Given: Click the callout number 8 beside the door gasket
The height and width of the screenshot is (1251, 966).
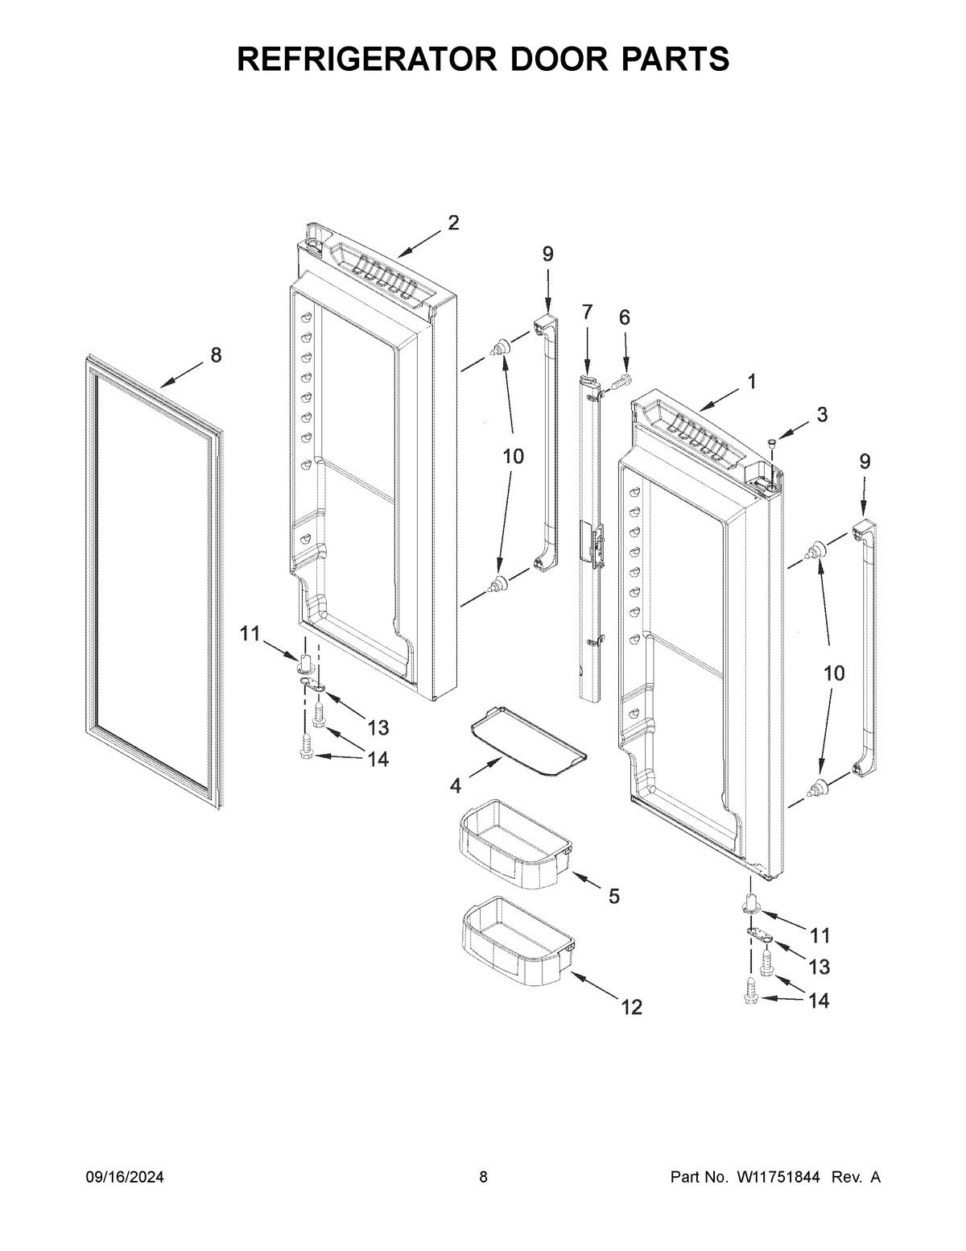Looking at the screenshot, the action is point(216,355).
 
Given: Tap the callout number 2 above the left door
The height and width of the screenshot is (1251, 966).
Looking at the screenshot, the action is point(453,223).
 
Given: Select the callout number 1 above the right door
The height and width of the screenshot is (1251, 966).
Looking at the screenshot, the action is point(751,382).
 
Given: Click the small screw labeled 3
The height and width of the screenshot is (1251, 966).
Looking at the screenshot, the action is point(772,441).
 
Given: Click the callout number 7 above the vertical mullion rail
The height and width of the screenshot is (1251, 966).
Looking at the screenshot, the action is point(586,313).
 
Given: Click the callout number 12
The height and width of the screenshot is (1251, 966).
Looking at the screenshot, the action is point(632,1007).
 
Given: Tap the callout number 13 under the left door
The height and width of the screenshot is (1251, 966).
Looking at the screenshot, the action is point(378,728).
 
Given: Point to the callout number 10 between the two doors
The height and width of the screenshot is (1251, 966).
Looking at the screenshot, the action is point(513,457).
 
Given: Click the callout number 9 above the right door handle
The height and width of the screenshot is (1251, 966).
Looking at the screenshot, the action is point(865,462).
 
